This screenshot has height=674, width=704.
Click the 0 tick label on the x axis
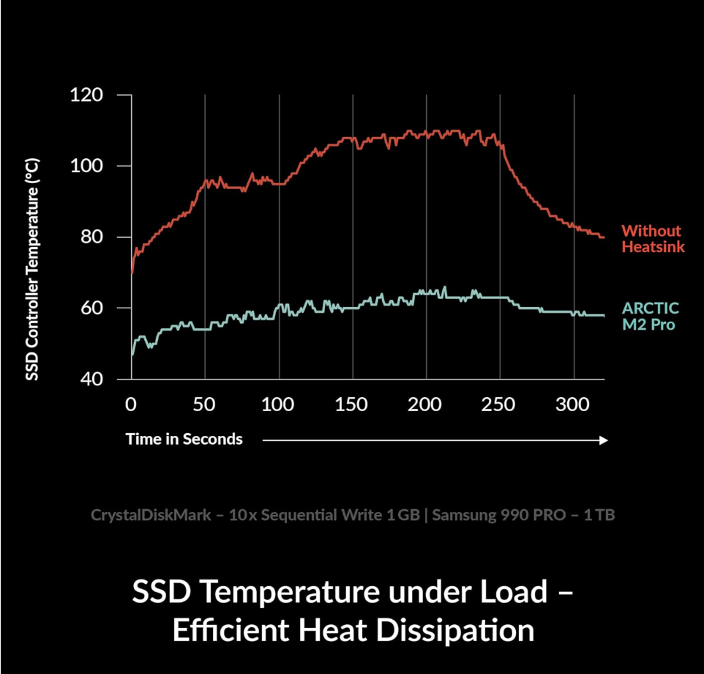131,403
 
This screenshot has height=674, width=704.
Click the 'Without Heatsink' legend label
653,239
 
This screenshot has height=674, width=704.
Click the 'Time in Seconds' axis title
184,440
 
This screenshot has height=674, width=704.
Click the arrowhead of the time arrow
604,440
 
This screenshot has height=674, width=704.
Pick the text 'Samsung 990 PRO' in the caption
498,515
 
